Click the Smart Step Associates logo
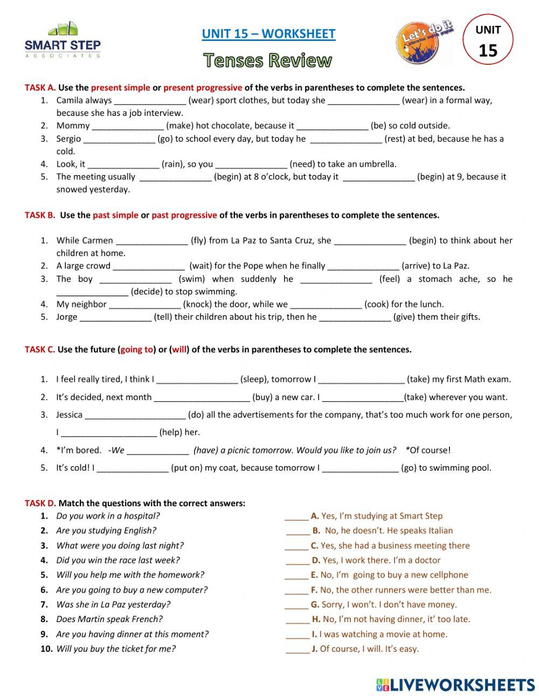tap(63, 40)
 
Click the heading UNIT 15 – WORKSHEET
tap(268, 34)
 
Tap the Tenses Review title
tap(268, 60)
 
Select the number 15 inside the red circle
tap(488, 50)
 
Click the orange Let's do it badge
tap(425, 40)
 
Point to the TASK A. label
tap(40, 87)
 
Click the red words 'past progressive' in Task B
tap(184, 215)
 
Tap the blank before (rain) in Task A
tap(123, 164)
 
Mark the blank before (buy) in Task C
tap(202, 398)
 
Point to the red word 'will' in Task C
tap(179, 349)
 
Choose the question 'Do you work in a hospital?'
tap(108, 516)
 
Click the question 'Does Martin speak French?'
tap(109, 619)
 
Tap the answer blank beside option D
tap(298, 561)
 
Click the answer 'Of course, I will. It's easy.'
tap(369, 649)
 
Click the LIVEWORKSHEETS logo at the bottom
tap(455, 685)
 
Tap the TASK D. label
tap(40, 504)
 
